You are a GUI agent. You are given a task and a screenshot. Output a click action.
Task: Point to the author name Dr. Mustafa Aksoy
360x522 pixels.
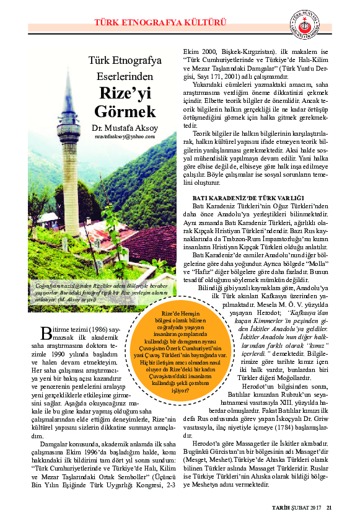point(125,128)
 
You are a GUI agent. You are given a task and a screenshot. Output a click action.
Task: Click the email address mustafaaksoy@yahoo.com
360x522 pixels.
point(125,136)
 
